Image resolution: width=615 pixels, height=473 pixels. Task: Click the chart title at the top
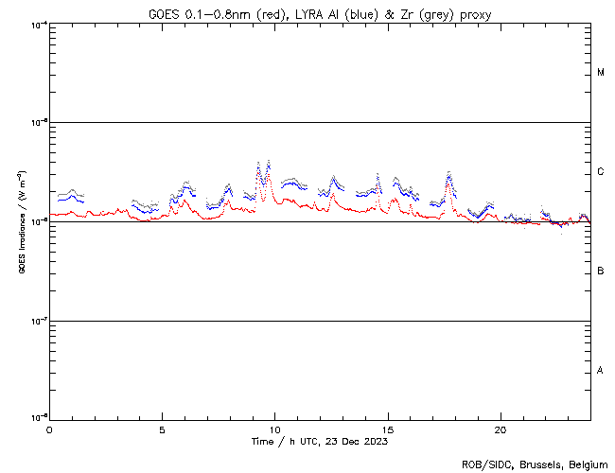[320, 14]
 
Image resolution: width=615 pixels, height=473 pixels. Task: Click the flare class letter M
[601, 73]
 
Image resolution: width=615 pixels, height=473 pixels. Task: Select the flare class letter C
[601, 172]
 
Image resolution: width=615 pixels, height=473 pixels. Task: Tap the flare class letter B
[601, 272]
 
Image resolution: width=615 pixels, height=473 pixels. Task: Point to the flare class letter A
[601, 370]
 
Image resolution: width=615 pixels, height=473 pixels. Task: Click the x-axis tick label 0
[49, 429]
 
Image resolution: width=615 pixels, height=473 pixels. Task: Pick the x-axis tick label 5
[162, 429]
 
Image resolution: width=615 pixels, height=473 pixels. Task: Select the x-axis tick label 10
[274, 429]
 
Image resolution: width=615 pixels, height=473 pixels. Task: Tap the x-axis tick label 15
[388, 429]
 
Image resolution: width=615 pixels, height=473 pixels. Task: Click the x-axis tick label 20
[501, 429]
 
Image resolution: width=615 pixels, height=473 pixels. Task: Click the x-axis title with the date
[320, 442]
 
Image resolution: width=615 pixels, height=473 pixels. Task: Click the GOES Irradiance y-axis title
[21, 221]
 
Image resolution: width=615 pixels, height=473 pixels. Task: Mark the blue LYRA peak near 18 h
[448, 176]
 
